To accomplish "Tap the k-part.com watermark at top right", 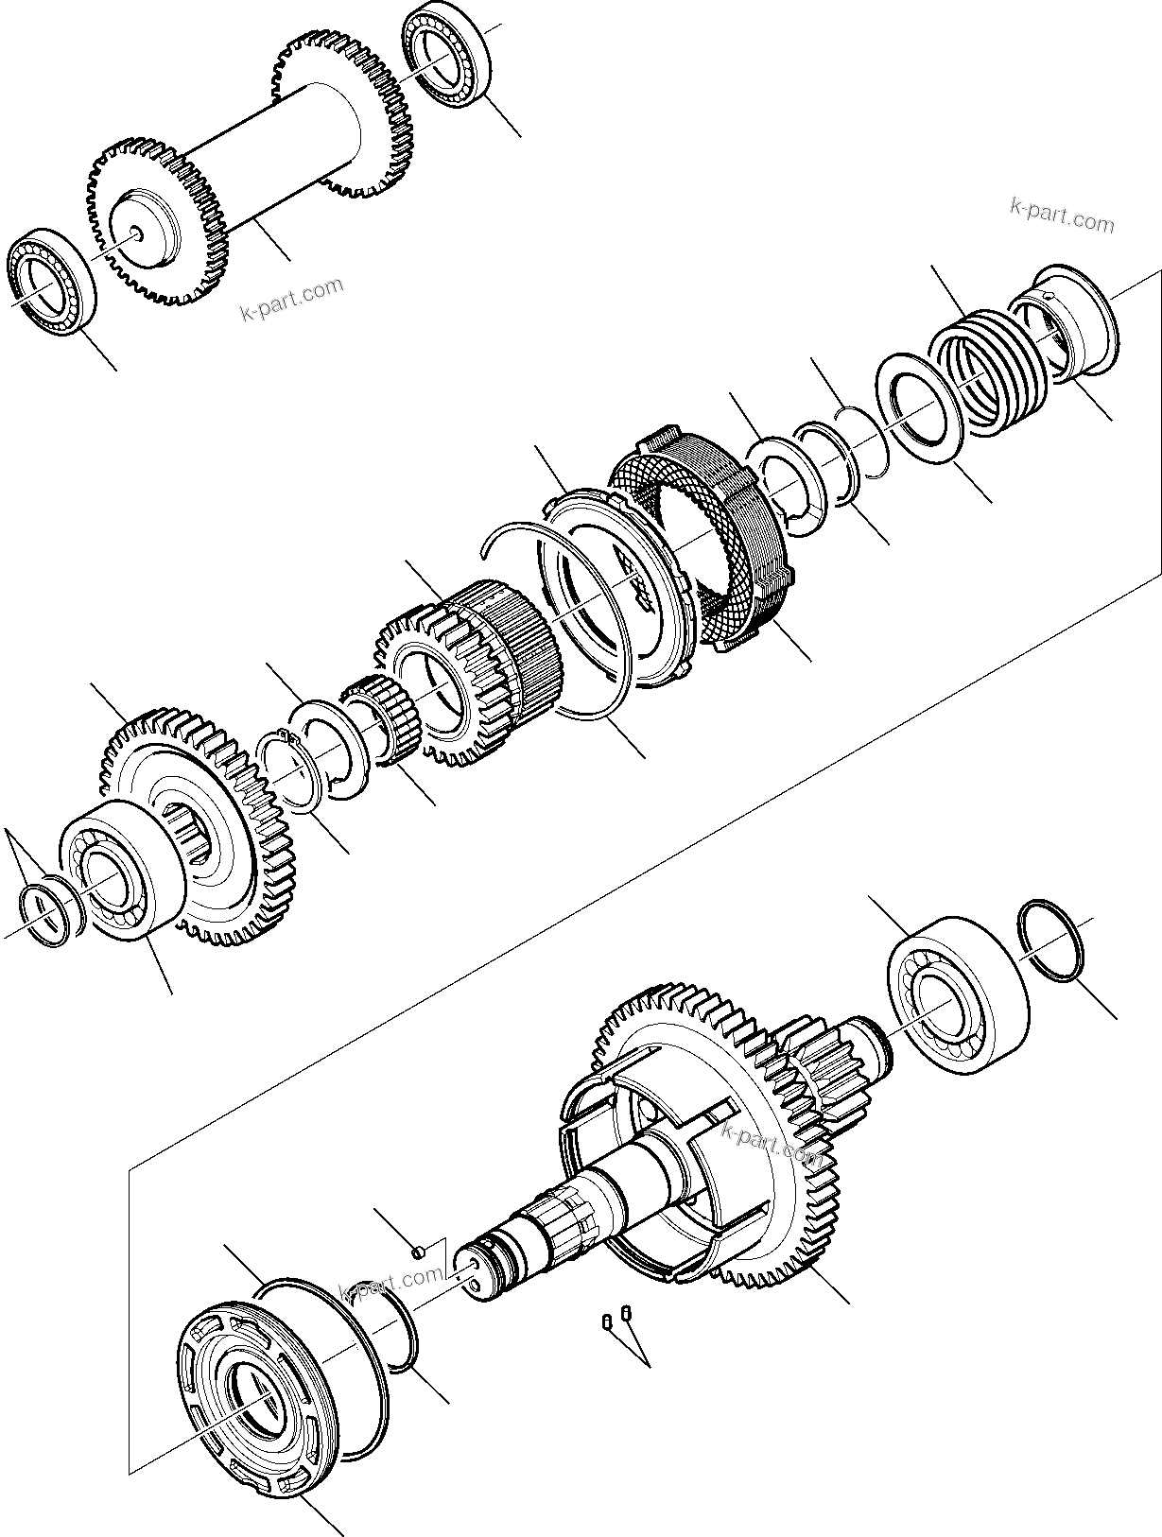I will [1062, 215].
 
